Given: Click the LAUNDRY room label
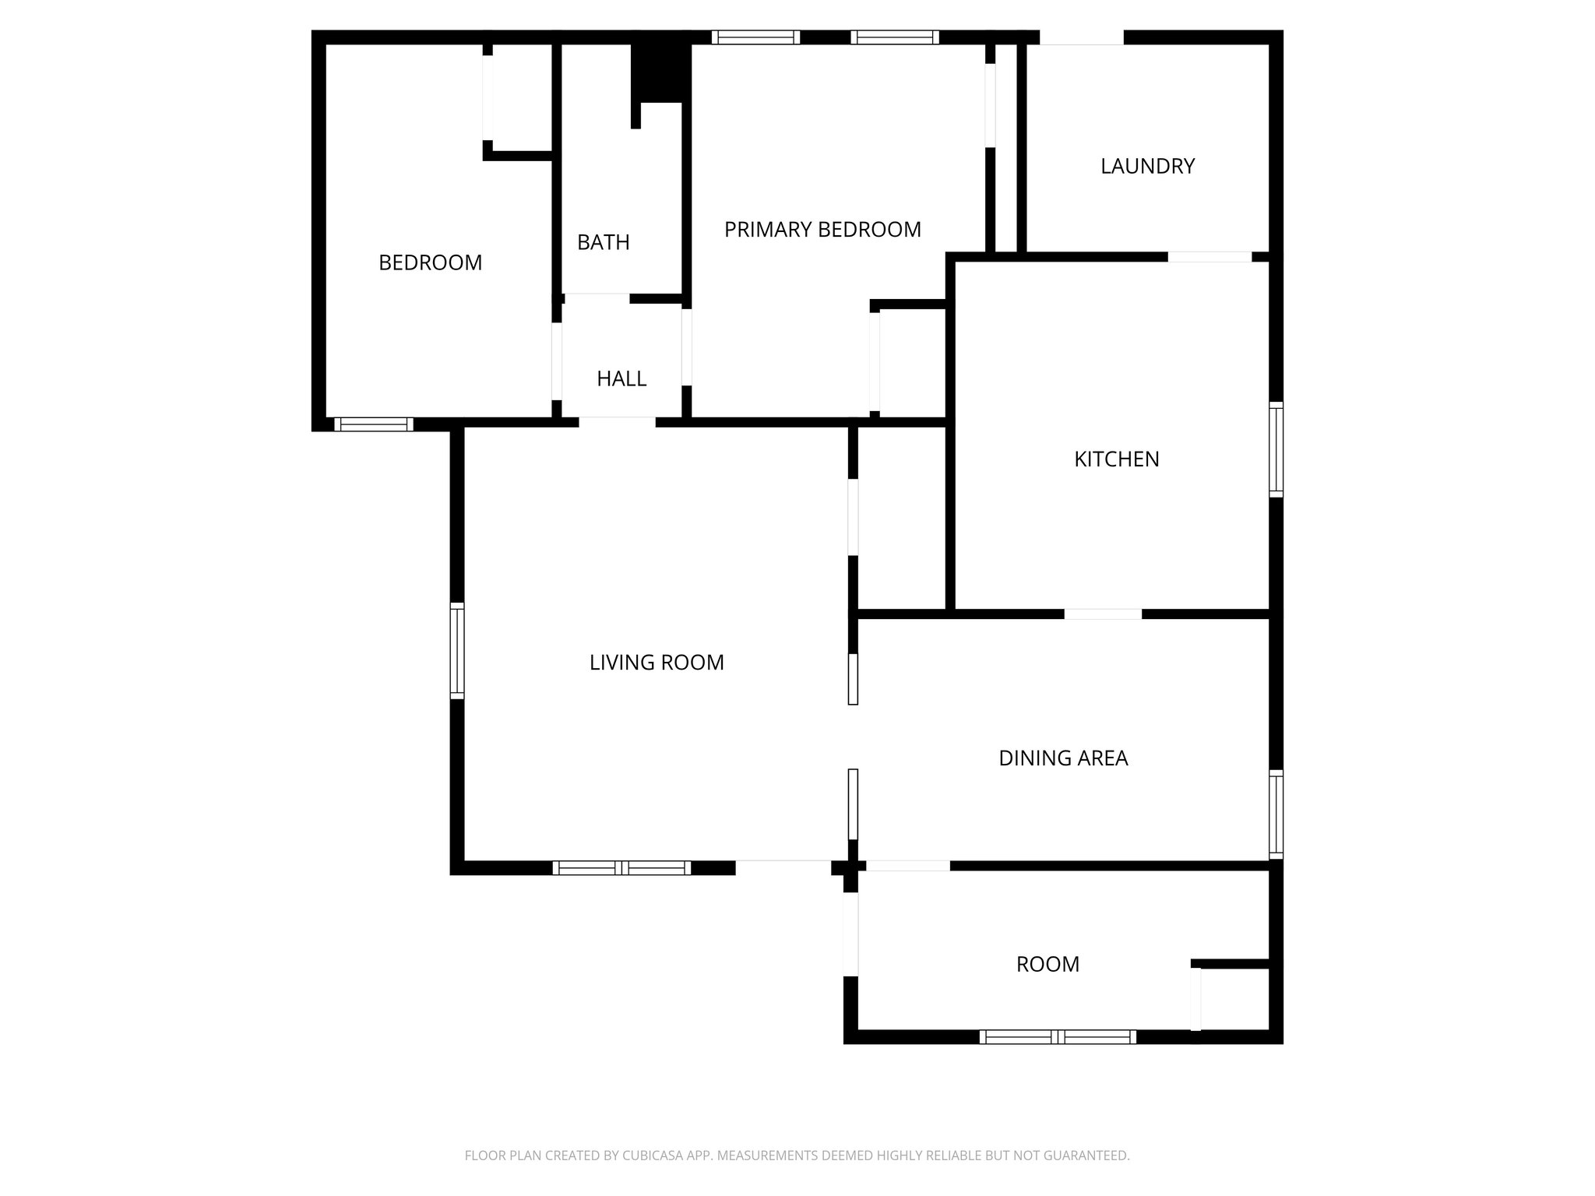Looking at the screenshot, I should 1147,166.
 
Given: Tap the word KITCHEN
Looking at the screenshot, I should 1116,459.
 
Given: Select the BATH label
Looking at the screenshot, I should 603,242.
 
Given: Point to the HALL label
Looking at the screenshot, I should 621,378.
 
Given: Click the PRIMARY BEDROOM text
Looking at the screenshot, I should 822,230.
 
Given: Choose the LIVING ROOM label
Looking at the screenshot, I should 657,663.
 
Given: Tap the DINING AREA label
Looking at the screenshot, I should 1063,758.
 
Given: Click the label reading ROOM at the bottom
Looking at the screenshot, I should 1047,965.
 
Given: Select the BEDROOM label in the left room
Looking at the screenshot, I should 430,263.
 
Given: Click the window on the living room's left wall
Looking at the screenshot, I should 457,651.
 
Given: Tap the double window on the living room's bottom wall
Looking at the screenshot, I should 621,867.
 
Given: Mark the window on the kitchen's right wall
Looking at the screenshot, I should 1276,449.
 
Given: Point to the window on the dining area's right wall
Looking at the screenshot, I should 1276,814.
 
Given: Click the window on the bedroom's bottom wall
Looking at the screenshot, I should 374,424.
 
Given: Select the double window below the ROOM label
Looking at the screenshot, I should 1058,1036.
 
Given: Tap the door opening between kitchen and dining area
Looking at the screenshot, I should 1103,614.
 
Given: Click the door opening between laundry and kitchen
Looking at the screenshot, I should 1209,257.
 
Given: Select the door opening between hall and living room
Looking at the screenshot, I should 617,423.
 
